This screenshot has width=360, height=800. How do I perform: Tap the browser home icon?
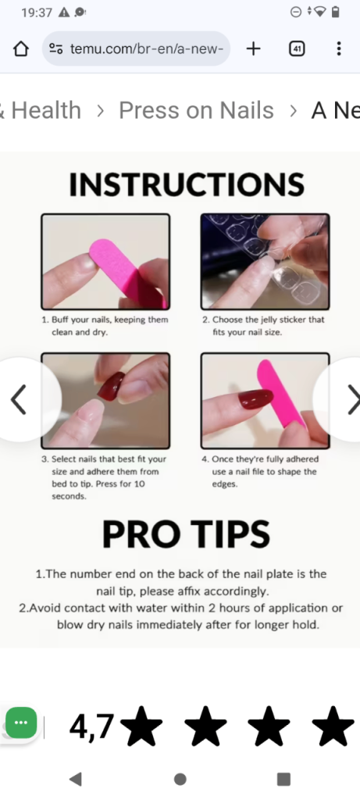coord(21,48)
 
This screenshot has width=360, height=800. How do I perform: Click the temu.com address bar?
coord(137,48)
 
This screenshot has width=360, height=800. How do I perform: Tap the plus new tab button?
coord(253,48)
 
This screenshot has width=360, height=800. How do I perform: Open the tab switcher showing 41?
coord(297,48)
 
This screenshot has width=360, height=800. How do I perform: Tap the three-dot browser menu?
coord(338,48)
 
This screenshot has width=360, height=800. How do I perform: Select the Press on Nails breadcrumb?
coord(196,111)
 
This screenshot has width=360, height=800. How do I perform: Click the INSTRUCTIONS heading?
coord(186,184)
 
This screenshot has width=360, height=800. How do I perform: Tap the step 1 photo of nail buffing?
coord(105,262)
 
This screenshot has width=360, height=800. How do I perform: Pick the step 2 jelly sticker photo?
coord(265,262)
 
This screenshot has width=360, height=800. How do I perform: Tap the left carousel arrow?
coord(19,399)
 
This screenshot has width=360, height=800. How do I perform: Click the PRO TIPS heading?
coord(186,534)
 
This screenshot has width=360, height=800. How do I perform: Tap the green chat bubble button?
coord(21,723)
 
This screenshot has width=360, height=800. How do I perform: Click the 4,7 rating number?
coord(91,727)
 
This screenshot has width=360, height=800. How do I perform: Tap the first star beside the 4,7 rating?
coord(142,727)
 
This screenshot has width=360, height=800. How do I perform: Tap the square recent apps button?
coord(283,779)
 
